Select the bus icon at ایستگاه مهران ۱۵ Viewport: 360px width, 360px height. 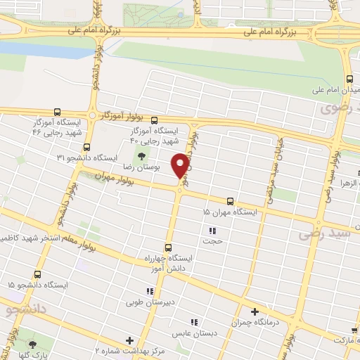pos(231,200)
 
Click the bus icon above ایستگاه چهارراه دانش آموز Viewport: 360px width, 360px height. pos(167,247)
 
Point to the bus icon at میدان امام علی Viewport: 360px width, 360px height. pos(349,79)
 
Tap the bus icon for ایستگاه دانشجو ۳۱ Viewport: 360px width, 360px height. pos(86,147)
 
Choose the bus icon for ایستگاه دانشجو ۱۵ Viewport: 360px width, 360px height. pos(37,274)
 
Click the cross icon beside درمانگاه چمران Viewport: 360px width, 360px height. pos(255,311)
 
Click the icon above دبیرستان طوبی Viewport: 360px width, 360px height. pos(149,291)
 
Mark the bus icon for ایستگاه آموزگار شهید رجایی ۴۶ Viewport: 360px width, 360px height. pos(57,112)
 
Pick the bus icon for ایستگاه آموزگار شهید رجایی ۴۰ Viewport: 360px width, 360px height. pos(172,120)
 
